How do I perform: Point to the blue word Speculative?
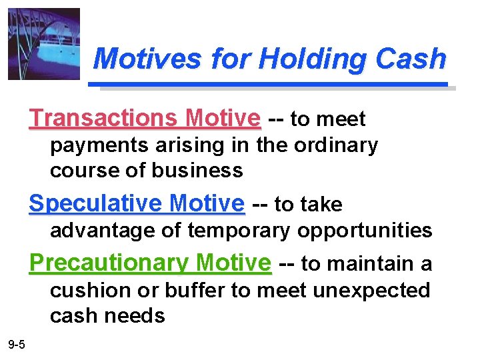[x=97, y=203]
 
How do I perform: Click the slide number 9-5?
[x=17, y=344]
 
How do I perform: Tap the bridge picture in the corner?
[x=44, y=44]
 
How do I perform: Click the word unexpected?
[x=371, y=290]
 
